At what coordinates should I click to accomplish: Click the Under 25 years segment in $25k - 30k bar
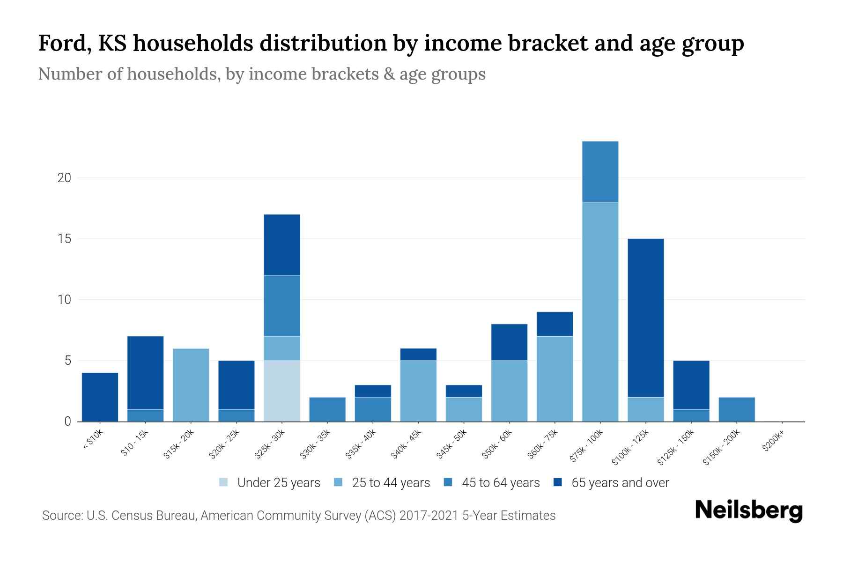coord(282,391)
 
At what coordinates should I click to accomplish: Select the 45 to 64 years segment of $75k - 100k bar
coord(600,172)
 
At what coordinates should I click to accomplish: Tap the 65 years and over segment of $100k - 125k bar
coord(645,318)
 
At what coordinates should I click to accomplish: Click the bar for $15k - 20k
coord(191,385)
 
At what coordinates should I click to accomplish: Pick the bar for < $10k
coord(100,397)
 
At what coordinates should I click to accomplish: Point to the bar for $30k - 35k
coord(327,409)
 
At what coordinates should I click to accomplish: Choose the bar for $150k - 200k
coord(736,409)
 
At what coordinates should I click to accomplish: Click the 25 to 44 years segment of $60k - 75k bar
coord(555,379)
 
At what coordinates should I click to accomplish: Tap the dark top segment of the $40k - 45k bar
coord(418,355)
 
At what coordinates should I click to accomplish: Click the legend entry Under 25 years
coord(279,483)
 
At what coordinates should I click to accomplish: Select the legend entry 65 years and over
coord(620,483)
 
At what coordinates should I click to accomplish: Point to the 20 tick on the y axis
coord(64,178)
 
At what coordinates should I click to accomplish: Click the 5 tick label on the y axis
coord(67,361)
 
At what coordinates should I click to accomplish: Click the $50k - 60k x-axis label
coord(497,444)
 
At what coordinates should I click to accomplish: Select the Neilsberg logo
coord(748,510)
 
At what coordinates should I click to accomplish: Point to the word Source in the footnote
coord(61,516)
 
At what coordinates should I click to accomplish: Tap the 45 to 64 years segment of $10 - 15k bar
coord(146,415)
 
